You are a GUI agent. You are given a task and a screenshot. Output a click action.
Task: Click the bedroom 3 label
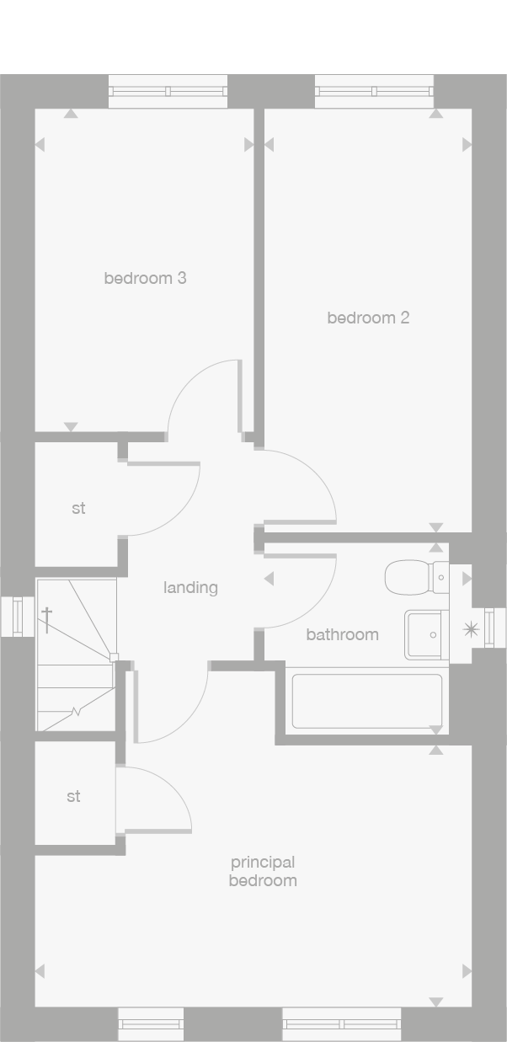pos(145,278)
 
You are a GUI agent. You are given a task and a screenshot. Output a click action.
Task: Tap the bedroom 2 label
pos(368,318)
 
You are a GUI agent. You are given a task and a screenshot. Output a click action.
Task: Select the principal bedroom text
pos(263,871)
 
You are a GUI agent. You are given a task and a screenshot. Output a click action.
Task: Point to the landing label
pos(190,587)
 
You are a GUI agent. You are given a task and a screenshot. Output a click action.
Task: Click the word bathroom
pos(342,634)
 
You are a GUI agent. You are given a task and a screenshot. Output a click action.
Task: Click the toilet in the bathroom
pos(415,578)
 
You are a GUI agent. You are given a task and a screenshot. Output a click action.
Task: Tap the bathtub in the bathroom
pos(367,701)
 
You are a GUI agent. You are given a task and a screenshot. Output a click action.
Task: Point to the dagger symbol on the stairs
pos(47,620)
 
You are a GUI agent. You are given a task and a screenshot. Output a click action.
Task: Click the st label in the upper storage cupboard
pos(78,509)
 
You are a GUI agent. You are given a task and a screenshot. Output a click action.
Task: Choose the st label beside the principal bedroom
pos(73,796)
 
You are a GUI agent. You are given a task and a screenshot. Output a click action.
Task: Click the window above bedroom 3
pos(168,91)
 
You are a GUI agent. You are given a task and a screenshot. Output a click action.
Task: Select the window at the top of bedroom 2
pos(374,91)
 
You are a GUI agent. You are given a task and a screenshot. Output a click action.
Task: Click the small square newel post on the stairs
pos(115,657)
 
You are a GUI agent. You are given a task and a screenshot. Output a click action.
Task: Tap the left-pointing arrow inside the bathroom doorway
pos(269,579)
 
